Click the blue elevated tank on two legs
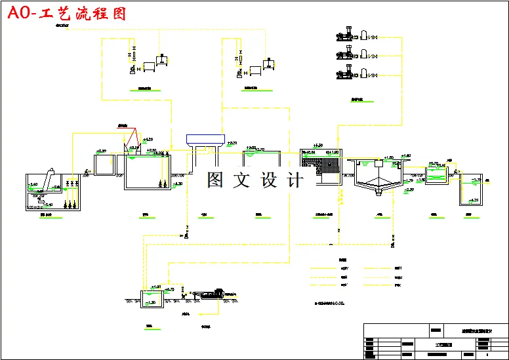click(205, 140)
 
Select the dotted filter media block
click(327, 164)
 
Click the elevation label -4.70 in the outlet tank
click(474, 200)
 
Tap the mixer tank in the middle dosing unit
click(267, 64)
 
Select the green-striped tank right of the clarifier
click(435, 175)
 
